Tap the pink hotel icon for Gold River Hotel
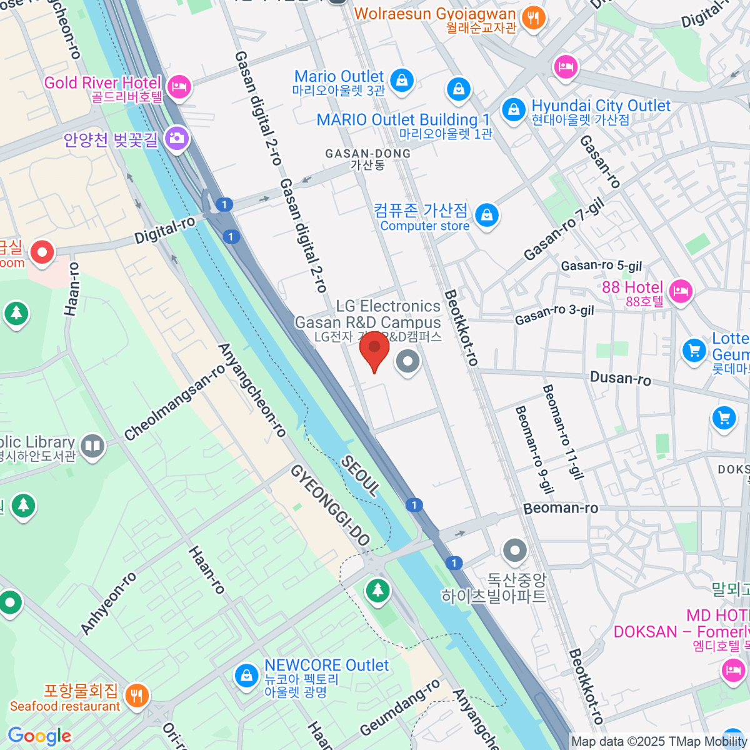click(x=179, y=86)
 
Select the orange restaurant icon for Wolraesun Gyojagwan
click(x=533, y=17)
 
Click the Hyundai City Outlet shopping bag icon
click(x=514, y=110)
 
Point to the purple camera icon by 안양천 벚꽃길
click(x=177, y=138)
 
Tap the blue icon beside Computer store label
click(x=487, y=216)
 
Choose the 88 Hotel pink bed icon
click(x=681, y=291)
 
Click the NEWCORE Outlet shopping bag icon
click(x=247, y=675)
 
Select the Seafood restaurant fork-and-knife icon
click(x=136, y=695)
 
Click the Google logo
click(x=40, y=736)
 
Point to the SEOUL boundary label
click(x=360, y=476)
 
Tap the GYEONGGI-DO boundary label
click(x=330, y=506)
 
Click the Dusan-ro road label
click(x=621, y=378)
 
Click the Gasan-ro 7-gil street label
click(x=564, y=229)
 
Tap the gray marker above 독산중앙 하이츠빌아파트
click(x=515, y=551)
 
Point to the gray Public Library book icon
click(x=93, y=446)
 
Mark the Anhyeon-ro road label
click(x=109, y=603)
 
